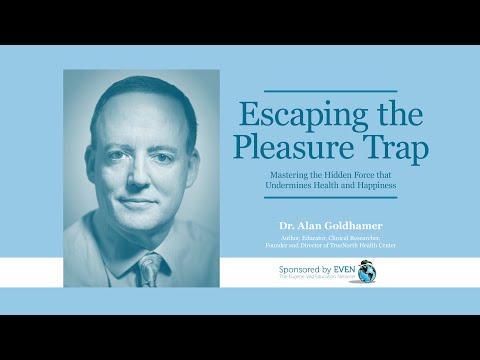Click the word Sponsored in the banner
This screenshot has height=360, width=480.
pos(293,270)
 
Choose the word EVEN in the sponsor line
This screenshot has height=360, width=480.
pos(342,270)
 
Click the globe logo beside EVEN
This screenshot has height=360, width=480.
pos(369,272)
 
